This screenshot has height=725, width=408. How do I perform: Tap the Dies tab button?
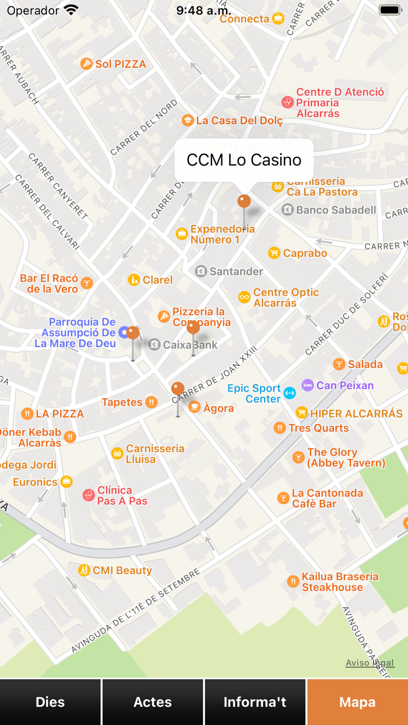51,702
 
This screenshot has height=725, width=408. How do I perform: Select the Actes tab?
153,702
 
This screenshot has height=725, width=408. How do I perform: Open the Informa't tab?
255,702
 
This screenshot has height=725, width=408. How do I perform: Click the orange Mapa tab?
357,702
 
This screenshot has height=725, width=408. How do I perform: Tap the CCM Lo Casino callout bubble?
244,160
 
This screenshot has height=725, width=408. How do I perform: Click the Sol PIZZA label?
121,64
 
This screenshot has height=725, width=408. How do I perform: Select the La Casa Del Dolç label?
239,121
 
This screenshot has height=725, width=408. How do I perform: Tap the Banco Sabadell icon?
287,210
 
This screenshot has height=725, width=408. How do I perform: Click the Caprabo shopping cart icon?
274,253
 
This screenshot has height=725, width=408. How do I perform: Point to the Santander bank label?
236,271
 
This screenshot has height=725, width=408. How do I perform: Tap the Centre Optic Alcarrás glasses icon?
244,297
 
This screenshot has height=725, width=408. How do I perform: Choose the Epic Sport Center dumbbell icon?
289,393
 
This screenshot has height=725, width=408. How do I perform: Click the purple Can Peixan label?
345,385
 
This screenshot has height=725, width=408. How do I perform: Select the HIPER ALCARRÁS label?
356,413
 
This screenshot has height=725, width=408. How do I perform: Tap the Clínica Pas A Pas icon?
89,495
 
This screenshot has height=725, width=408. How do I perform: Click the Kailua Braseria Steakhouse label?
340,582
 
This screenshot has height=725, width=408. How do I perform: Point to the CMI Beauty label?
122,570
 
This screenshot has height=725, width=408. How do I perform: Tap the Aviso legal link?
370,663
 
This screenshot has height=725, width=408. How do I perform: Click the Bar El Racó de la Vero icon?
87,283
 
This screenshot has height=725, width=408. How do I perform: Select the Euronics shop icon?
67,481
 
